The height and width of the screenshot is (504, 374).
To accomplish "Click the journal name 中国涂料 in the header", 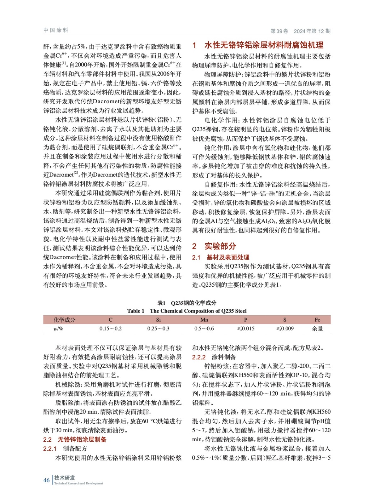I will click(x=56, y=30).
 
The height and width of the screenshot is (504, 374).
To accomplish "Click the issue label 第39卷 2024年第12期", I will click(x=300, y=31).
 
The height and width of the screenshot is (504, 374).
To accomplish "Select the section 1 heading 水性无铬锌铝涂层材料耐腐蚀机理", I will click(x=264, y=45).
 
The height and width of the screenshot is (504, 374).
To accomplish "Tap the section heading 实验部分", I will click(x=220, y=246).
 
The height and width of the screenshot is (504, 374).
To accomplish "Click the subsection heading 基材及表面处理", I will click(x=228, y=257).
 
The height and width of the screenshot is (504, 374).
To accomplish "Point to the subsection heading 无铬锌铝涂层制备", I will click(x=82, y=439).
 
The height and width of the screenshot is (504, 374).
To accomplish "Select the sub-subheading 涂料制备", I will click(x=224, y=357).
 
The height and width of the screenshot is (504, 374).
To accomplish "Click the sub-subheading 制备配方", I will click(x=75, y=449).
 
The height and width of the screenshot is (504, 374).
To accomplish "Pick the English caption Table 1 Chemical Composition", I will click(x=187, y=311).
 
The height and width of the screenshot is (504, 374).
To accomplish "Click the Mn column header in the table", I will click(x=204, y=320).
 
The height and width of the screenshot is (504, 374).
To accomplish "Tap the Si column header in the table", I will click(x=158, y=320).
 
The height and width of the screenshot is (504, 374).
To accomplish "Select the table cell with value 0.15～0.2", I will click(x=111, y=329).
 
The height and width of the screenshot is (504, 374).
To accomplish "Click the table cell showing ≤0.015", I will click(x=246, y=329).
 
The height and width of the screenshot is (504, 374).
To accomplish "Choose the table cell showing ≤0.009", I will click(x=285, y=329).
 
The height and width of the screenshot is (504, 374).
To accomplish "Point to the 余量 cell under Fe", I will click(x=317, y=329).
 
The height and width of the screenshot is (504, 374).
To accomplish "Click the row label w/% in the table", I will click(x=58, y=329).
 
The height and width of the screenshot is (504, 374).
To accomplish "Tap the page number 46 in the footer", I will click(x=46, y=480).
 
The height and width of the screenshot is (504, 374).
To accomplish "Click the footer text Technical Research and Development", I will click(x=78, y=483).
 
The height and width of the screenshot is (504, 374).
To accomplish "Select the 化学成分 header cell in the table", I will click(x=64, y=320).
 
